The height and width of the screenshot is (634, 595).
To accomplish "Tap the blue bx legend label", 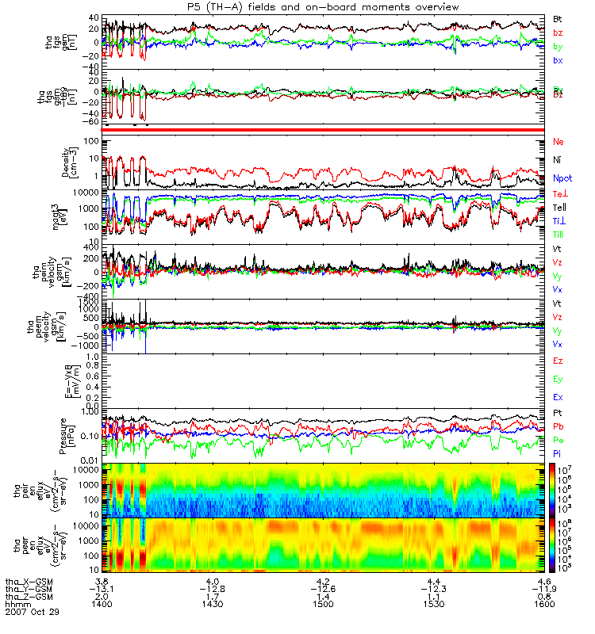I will pyautogui.click(x=558, y=60).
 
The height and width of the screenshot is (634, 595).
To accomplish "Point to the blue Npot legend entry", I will pyautogui.click(x=562, y=180).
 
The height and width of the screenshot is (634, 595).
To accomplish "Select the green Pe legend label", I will pyautogui.click(x=558, y=440).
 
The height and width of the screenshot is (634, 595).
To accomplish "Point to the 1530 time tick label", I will pyautogui.click(x=435, y=605).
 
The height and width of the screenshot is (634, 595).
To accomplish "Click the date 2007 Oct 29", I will pyautogui.click(x=32, y=613).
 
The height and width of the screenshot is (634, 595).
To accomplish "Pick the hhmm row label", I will pyautogui.click(x=16, y=605).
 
